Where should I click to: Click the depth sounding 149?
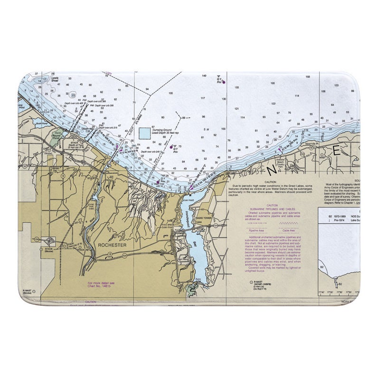(x=204, y=76)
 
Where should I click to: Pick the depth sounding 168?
(x=308, y=76)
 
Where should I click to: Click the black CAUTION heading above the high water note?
(x=271, y=182)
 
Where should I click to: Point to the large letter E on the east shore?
(x=337, y=151)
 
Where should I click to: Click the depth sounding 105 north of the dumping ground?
(x=170, y=94)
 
